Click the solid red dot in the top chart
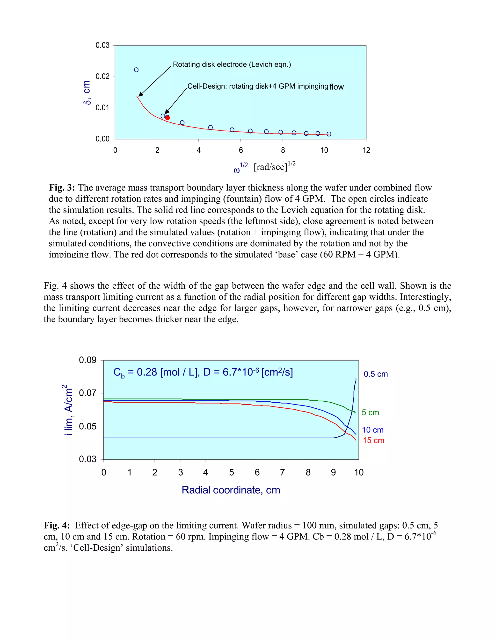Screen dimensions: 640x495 point(167,118)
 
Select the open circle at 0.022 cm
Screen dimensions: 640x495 point(136,70)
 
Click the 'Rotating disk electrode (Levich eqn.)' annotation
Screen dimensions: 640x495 point(232,64)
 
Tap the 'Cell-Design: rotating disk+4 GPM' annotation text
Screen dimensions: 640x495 point(257,86)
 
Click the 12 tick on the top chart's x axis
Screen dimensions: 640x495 point(366,150)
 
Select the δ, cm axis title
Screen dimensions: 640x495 point(87,92)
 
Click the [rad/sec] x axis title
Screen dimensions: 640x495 point(270,167)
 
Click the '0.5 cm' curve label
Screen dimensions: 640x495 point(376,374)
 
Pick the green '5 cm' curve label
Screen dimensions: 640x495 point(370,412)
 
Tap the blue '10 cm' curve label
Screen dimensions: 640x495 point(372,430)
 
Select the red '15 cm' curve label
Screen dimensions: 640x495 point(373,441)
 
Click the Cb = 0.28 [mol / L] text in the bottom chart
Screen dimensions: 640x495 point(203,372)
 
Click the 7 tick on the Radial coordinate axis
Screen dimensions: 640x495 point(282,472)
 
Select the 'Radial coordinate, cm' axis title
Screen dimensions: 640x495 point(231,490)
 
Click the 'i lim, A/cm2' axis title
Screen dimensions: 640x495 point(68,410)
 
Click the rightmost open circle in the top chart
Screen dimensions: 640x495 point(329,134)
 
